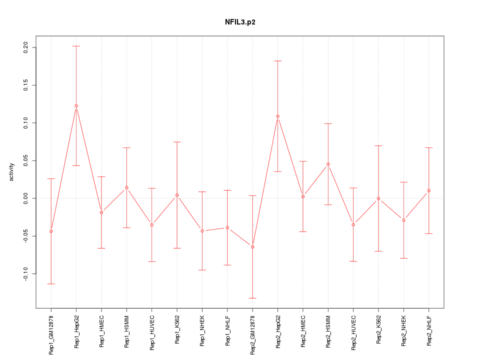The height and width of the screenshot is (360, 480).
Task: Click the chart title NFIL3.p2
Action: (x=240, y=22)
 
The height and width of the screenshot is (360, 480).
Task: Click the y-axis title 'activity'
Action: (x=12, y=172)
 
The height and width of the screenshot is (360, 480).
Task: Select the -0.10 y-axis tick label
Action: (x=26, y=274)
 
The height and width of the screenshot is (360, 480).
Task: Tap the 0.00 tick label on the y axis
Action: (x=26, y=198)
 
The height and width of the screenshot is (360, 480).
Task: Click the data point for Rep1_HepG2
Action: (x=76, y=106)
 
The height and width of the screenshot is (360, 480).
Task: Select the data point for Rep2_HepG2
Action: (x=277, y=116)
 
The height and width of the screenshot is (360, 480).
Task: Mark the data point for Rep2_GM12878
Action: (x=252, y=247)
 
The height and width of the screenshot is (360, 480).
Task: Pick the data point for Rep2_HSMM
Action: (x=328, y=164)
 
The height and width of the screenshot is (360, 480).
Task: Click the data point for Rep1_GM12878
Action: (x=51, y=231)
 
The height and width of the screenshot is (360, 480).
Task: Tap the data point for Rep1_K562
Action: (x=177, y=195)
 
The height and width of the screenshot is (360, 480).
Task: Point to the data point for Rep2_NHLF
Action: (x=429, y=190)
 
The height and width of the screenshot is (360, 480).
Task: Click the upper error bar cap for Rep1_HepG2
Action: (x=76, y=46)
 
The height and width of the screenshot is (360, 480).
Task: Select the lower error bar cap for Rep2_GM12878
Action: (x=252, y=298)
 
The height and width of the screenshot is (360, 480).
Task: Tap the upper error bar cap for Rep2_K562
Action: (x=378, y=145)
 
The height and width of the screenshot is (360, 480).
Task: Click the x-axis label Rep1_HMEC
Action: (x=101, y=331)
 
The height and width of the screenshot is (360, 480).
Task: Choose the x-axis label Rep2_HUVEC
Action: (x=353, y=332)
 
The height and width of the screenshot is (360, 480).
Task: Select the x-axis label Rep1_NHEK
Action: (x=202, y=331)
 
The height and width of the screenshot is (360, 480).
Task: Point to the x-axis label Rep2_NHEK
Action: (x=404, y=331)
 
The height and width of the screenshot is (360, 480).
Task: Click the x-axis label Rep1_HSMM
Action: (x=126, y=331)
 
